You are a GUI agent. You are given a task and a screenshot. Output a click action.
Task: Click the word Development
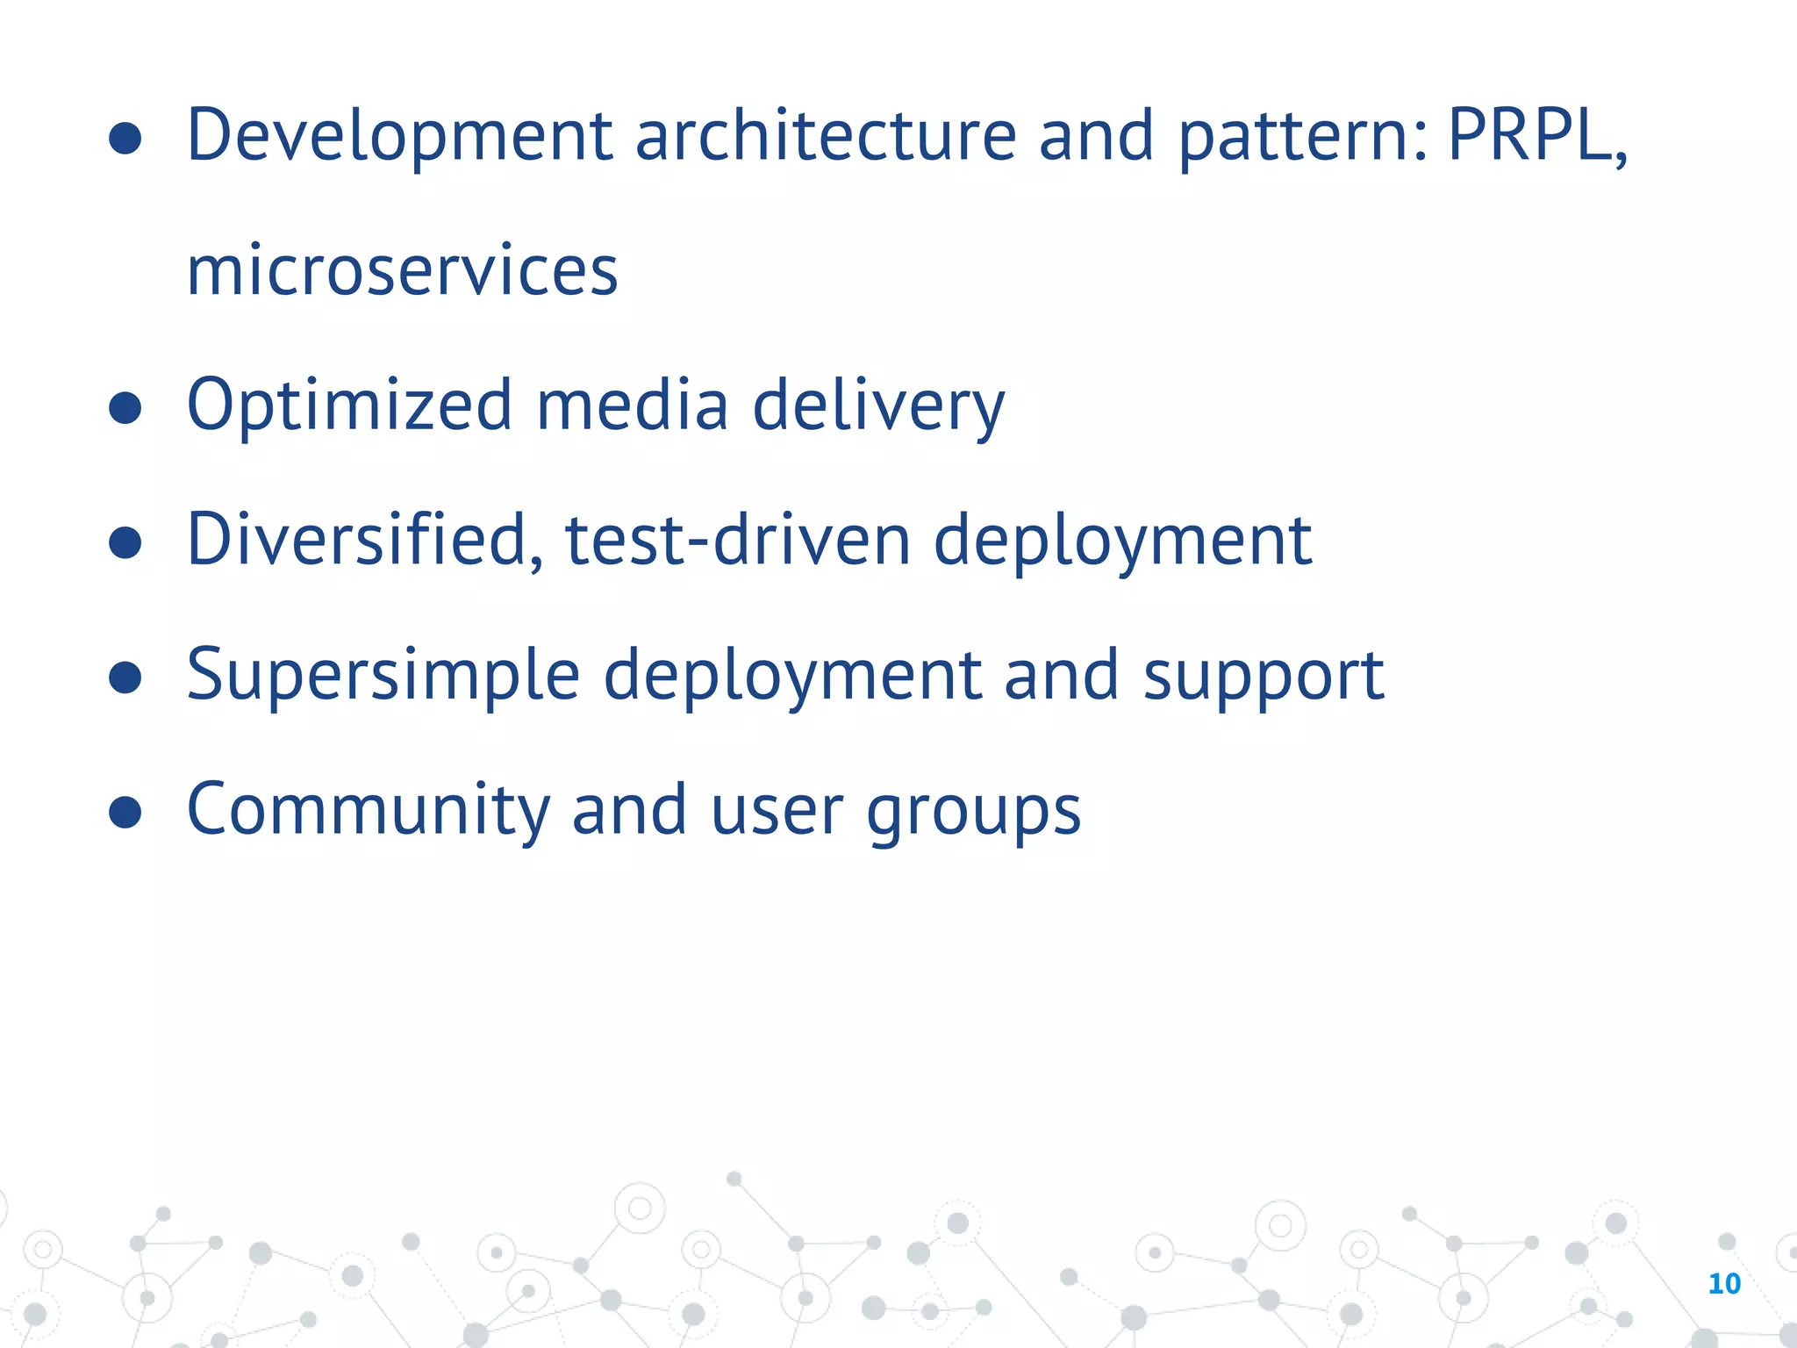click(399, 136)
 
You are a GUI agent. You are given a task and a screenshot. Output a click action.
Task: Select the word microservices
click(402, 271)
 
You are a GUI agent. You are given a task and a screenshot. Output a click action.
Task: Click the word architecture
click(825, 136)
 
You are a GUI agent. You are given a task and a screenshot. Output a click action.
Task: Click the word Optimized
click(349, 406)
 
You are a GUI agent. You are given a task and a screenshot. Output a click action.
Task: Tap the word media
click(632, 405)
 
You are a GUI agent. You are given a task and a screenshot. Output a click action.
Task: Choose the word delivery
click(878, 406)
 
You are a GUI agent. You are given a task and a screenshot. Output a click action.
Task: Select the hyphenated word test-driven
click(738, 541)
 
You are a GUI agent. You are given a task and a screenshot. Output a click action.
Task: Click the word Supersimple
click(383, 676)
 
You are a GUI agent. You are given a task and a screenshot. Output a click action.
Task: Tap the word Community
click(368, 811)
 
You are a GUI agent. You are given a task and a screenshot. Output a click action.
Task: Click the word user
click(777, 811)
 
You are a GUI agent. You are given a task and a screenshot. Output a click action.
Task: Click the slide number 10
click(1724, 1284)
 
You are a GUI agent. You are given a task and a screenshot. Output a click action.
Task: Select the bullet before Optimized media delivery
click(125, 407)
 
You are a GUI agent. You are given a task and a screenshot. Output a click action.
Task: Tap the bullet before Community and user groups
click(125, 812)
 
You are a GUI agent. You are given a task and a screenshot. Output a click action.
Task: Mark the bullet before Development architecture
click(125, 138)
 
